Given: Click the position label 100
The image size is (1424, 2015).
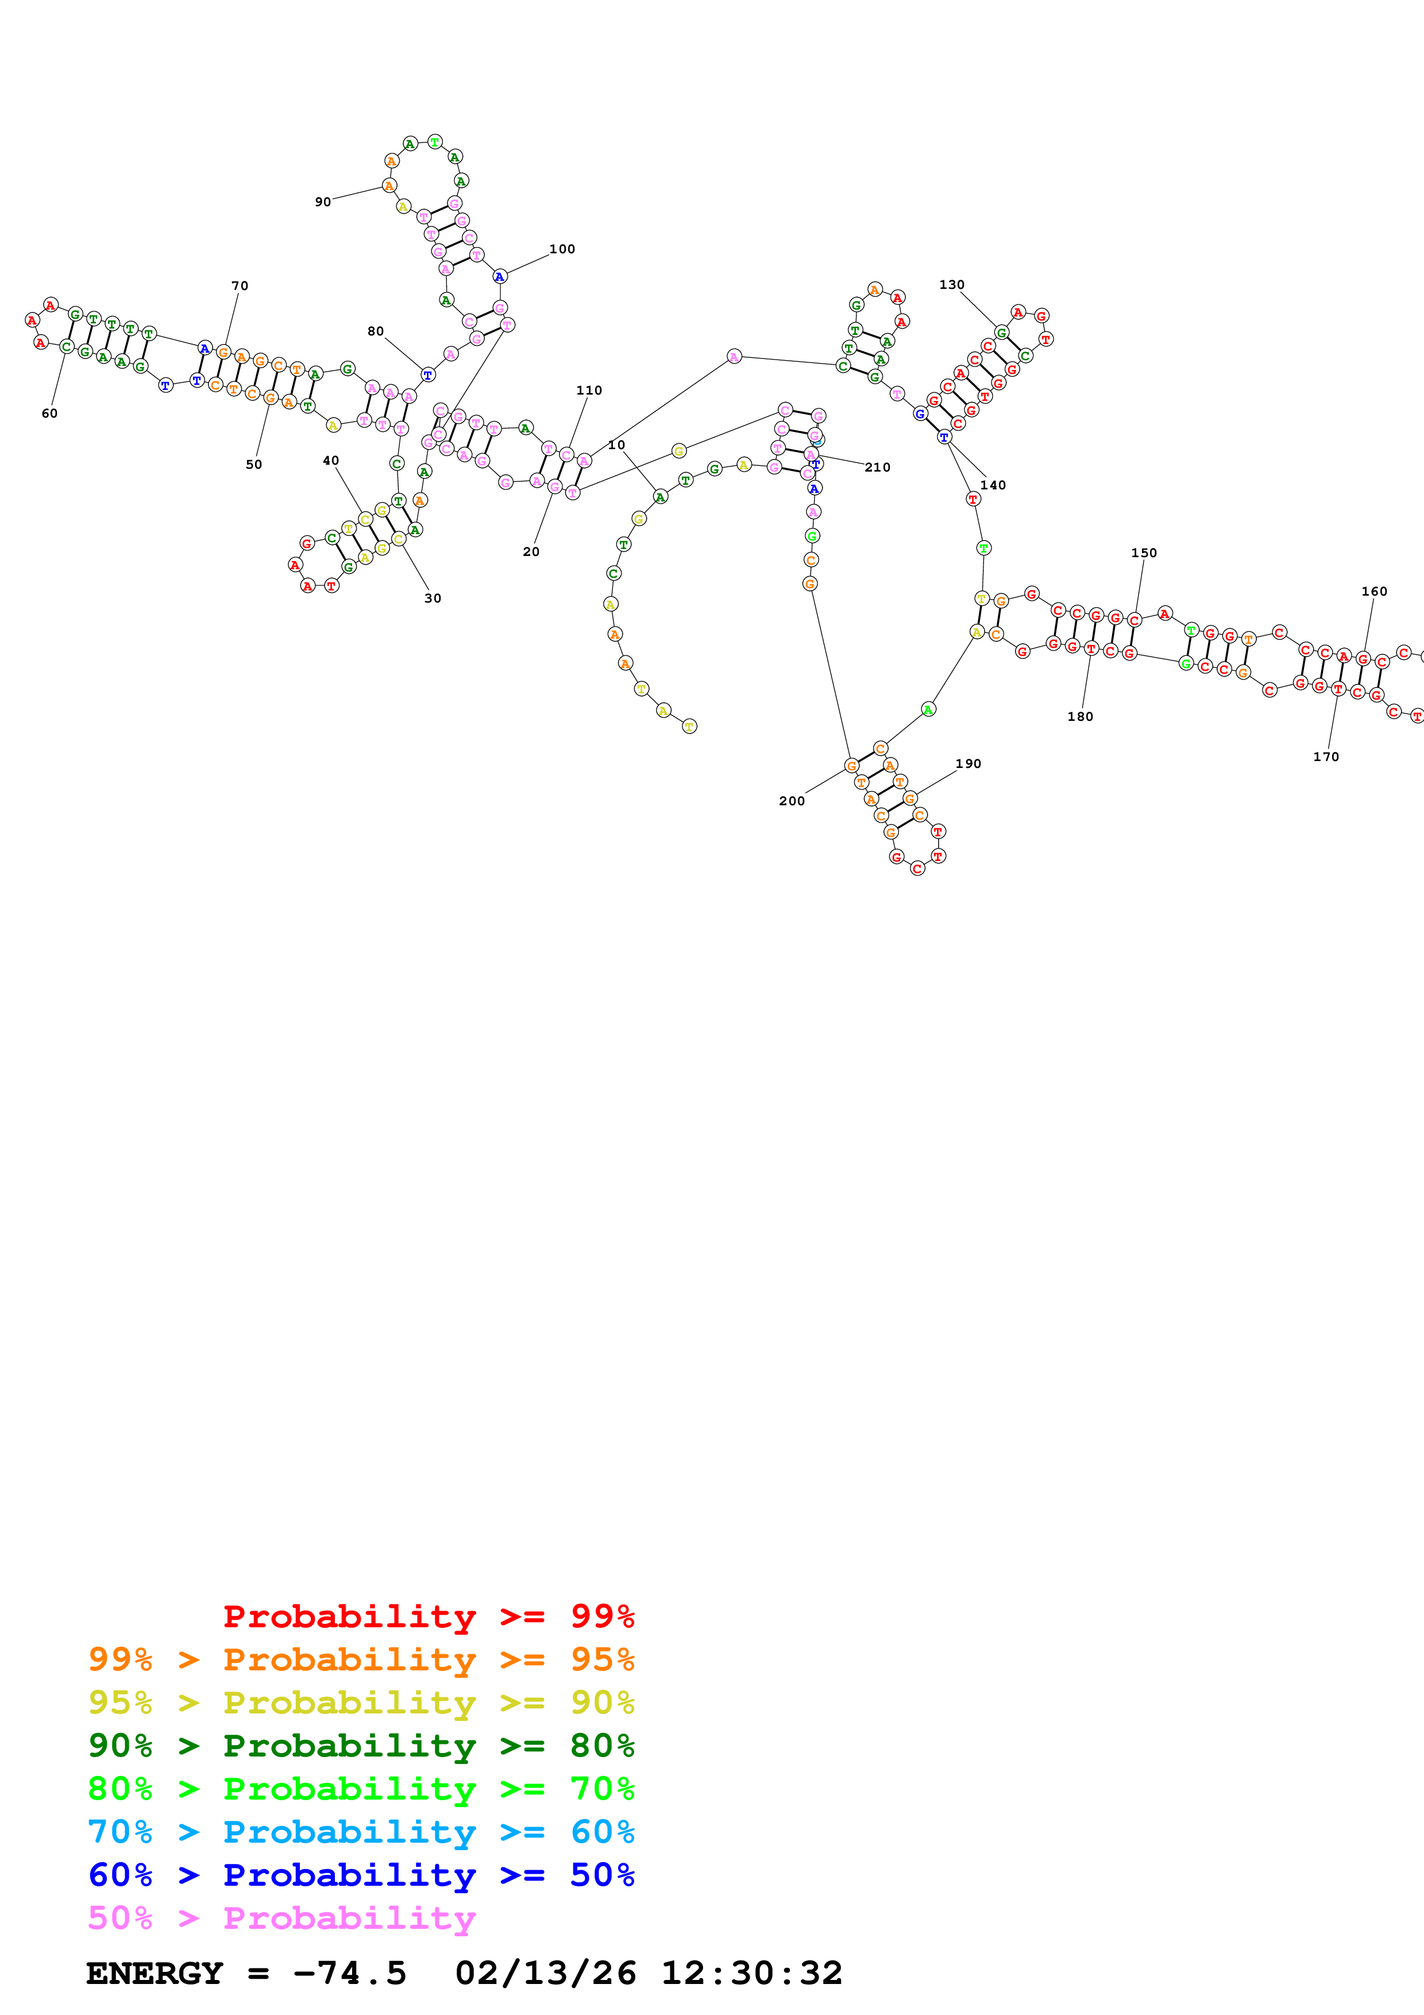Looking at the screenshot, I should pyautogui.click(x=562, y=249).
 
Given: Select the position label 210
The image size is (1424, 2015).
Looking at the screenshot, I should pyautogui.click(x=877, y=468).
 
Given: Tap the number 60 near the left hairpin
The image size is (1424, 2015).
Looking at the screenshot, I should pyautogui.click(x=49, y=414).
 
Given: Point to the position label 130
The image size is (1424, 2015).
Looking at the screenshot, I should pyautogui.click(x=951, y=285).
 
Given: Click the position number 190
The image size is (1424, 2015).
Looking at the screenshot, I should pyautogui.click(x=968, y=763).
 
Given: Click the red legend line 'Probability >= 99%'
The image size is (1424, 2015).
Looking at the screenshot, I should pyautogui.click(x=428, y=1616).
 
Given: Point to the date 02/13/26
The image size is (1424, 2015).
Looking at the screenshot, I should pyautogui.click(x=545, y=1973).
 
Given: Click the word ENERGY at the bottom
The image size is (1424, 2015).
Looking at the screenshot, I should pyautogui.click(x=155, y=1973).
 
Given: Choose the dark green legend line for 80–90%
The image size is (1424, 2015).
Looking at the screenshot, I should pyautogui.click(x=361, y=1746).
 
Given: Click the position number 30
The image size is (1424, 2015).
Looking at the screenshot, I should pyautogui.click(x=433, y=599).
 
